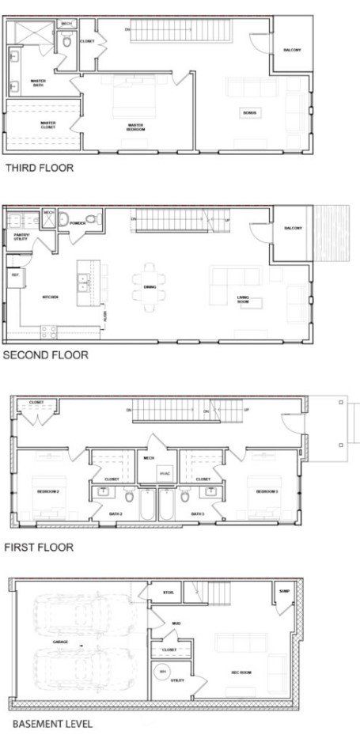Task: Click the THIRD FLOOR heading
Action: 39,167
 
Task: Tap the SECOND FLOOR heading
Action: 45,355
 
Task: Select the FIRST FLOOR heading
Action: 39,546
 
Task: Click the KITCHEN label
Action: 51,297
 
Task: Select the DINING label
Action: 150,286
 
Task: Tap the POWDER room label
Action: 78,223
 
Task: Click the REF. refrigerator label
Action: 14,275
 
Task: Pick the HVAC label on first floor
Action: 165,473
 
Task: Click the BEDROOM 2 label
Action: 49,491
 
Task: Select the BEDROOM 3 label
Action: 266,491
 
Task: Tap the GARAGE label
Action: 60,642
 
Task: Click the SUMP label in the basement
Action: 284,590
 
